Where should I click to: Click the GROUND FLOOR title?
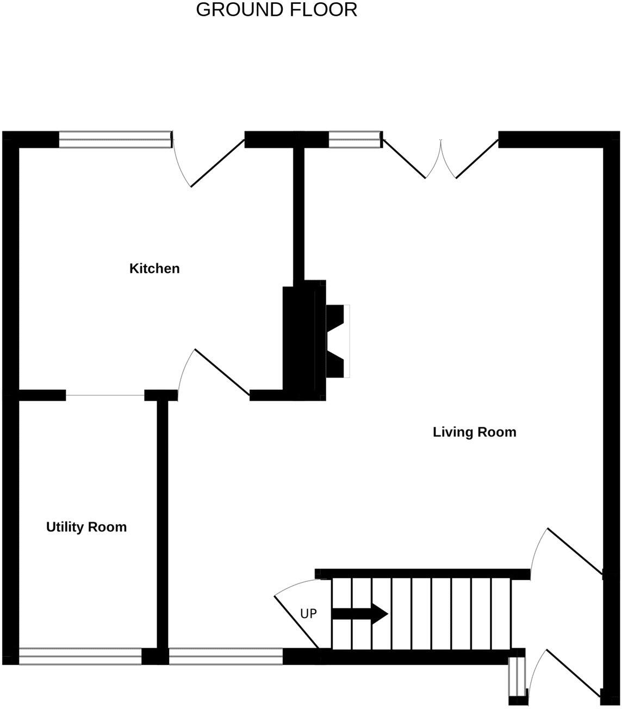point(276,10)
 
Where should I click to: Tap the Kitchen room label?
point(154,268)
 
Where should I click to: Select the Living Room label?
point(474,432)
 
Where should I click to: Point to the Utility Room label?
point(86,527)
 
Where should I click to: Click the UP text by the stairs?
point(308,614)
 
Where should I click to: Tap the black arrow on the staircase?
point(359,614)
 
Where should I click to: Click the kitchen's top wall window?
point(115,140)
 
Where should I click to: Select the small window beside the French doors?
point(354,140)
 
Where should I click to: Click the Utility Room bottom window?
point(80,656)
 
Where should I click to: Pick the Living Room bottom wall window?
point(226,656)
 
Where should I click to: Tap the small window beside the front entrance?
point(518,676)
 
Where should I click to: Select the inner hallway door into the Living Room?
point(574,550)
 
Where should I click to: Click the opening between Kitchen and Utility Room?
point(105,395)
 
